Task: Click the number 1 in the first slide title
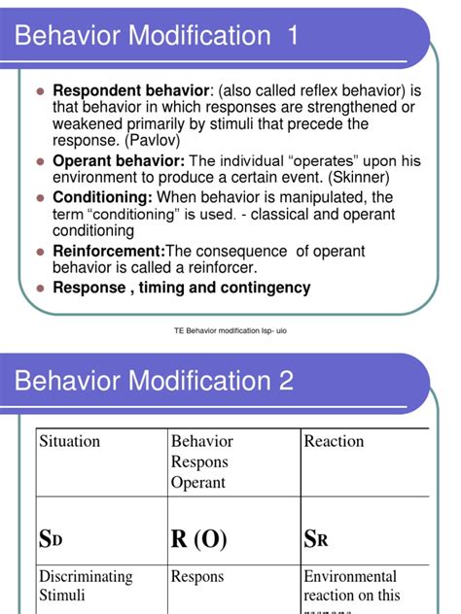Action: (x=292, y=38)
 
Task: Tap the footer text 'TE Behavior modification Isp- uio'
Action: (x=230, y=331)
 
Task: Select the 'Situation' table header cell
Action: (x=70, y=441)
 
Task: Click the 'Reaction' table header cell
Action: (x=335, y=441)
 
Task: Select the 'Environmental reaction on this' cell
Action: (x=350, y=586)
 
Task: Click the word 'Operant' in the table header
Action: (x=197, y=482)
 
